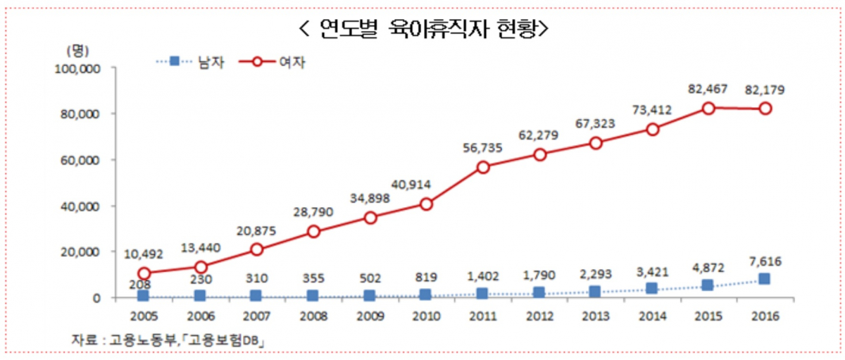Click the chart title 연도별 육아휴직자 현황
[x=423, y=29]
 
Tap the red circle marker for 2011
[x=483, y=167]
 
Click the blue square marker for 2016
[x=764, y=279]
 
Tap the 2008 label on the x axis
[x=313, y=316]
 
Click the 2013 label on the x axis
[x=595, y=316]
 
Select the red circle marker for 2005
[x=144, y=273]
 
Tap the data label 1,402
[x=483, y=276]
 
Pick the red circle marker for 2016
[x=764, y=108]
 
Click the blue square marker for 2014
[x=651, y=288]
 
